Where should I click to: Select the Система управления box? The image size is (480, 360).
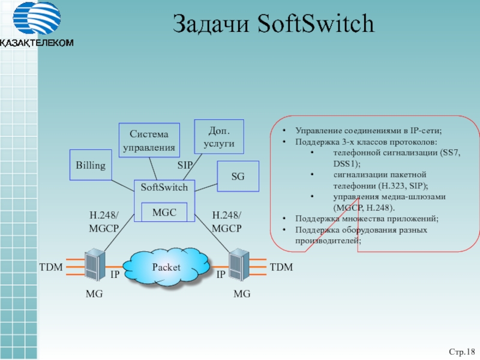click(149, 140)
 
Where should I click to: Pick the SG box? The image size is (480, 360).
click(238, 176)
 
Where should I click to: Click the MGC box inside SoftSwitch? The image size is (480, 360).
click(164, 212)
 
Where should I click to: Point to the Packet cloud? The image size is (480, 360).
click(166, 267)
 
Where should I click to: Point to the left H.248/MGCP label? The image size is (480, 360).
click(104, 222)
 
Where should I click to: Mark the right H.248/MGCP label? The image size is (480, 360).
click(227, 222)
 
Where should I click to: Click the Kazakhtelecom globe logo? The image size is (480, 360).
click(37, 20)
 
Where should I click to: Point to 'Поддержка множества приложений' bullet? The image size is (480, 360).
click(367, 219)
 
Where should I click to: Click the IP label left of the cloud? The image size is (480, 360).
click(115, 275)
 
